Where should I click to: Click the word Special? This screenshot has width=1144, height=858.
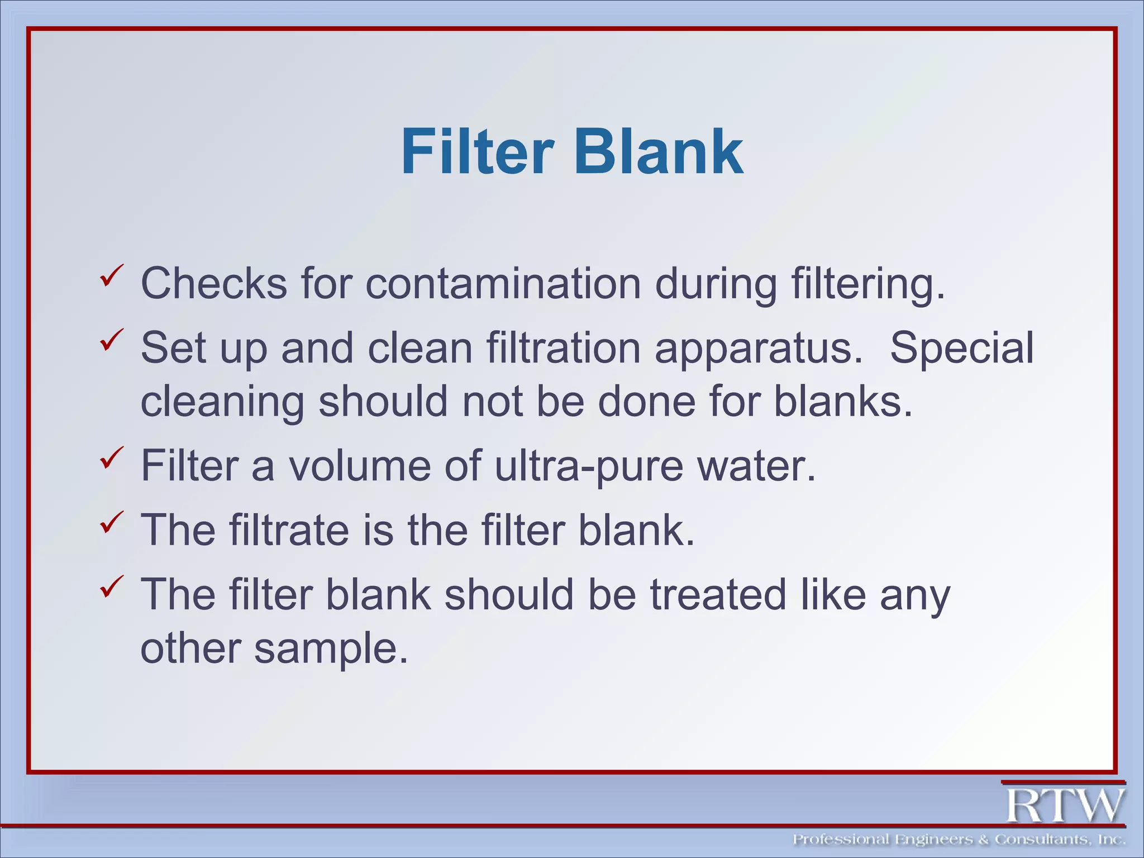tap(961, 347)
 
